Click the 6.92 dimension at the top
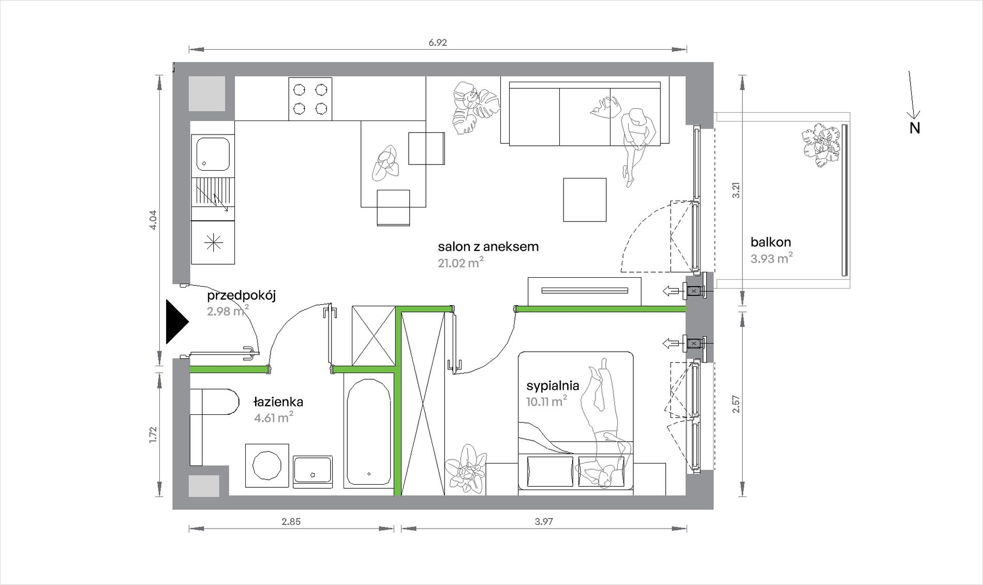[x=437, y=42]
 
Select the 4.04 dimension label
[x=153, y=220]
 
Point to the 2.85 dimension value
[x=291, y=521]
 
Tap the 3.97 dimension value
[x=544, y=521]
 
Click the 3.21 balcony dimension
[x=736, y=189]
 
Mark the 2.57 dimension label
[x=736, y=404]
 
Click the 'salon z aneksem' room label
[x=488, y=247]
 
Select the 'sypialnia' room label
[x=553, y=385]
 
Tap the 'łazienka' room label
[x=278, y=402]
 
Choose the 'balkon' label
[x=770, y=242]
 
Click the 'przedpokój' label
[x=241, y=296]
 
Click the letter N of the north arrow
[x=915, y=128]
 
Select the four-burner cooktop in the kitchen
[x=310, y=99]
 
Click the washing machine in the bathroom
[x=267, y=465]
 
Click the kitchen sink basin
[x=212, y=153]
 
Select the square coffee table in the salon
[x=585, y=200]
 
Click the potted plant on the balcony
[x=822, y=145]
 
